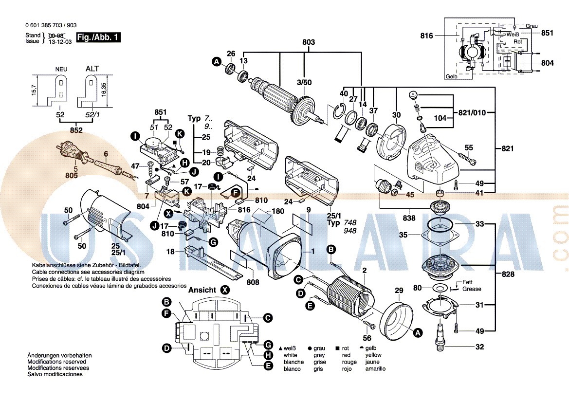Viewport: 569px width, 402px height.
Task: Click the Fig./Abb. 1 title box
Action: (98, 37)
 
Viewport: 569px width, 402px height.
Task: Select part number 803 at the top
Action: (309, 42)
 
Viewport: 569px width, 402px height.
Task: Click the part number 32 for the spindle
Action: (479, 347)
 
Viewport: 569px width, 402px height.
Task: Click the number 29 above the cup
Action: (399, 291)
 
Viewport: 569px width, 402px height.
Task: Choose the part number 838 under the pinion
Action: (409, 218)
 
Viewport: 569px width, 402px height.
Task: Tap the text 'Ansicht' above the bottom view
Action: (202, 290)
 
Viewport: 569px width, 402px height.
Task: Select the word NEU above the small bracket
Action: (61, 69)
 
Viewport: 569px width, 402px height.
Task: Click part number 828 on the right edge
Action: (508, 274)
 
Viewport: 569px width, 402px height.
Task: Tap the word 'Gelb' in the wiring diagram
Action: (451, 77)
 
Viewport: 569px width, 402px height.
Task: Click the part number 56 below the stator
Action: (367, 338)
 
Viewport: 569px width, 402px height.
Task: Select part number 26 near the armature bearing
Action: (231, 54)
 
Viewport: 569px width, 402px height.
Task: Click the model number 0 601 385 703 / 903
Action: (50, 25)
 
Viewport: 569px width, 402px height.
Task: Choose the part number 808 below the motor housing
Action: (253, 281)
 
